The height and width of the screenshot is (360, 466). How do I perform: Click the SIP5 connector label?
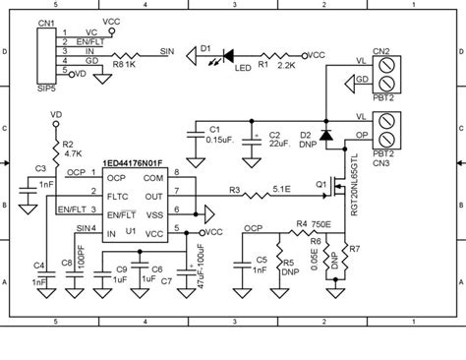[x=46, y=88]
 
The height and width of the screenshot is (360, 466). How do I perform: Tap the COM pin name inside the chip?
[x=153, y=178]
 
